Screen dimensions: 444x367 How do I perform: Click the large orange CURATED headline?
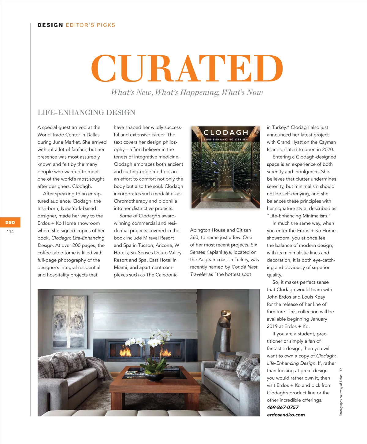[x=187, y=68]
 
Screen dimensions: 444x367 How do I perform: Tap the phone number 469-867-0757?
[x=283, y=407]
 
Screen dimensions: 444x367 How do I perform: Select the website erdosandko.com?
[x=286, y=415]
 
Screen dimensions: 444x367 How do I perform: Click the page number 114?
[x=10, y=231]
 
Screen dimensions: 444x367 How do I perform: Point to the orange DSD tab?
[x=10, y=222]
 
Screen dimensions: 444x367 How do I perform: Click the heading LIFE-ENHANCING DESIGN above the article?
[x=86, y=112]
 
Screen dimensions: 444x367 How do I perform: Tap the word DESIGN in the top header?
[x=50, y=25]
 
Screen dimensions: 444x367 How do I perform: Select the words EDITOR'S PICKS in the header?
[x=91, y=25]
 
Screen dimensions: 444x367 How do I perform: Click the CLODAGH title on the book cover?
[x=226, y=133]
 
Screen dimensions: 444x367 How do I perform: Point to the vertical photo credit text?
[x=341, y=392]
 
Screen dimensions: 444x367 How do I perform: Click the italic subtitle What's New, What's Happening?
[x=187, y=92]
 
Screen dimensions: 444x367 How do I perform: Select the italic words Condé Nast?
[x=244, y=267]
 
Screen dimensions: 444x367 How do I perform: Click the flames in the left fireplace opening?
[x=125, y=352]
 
